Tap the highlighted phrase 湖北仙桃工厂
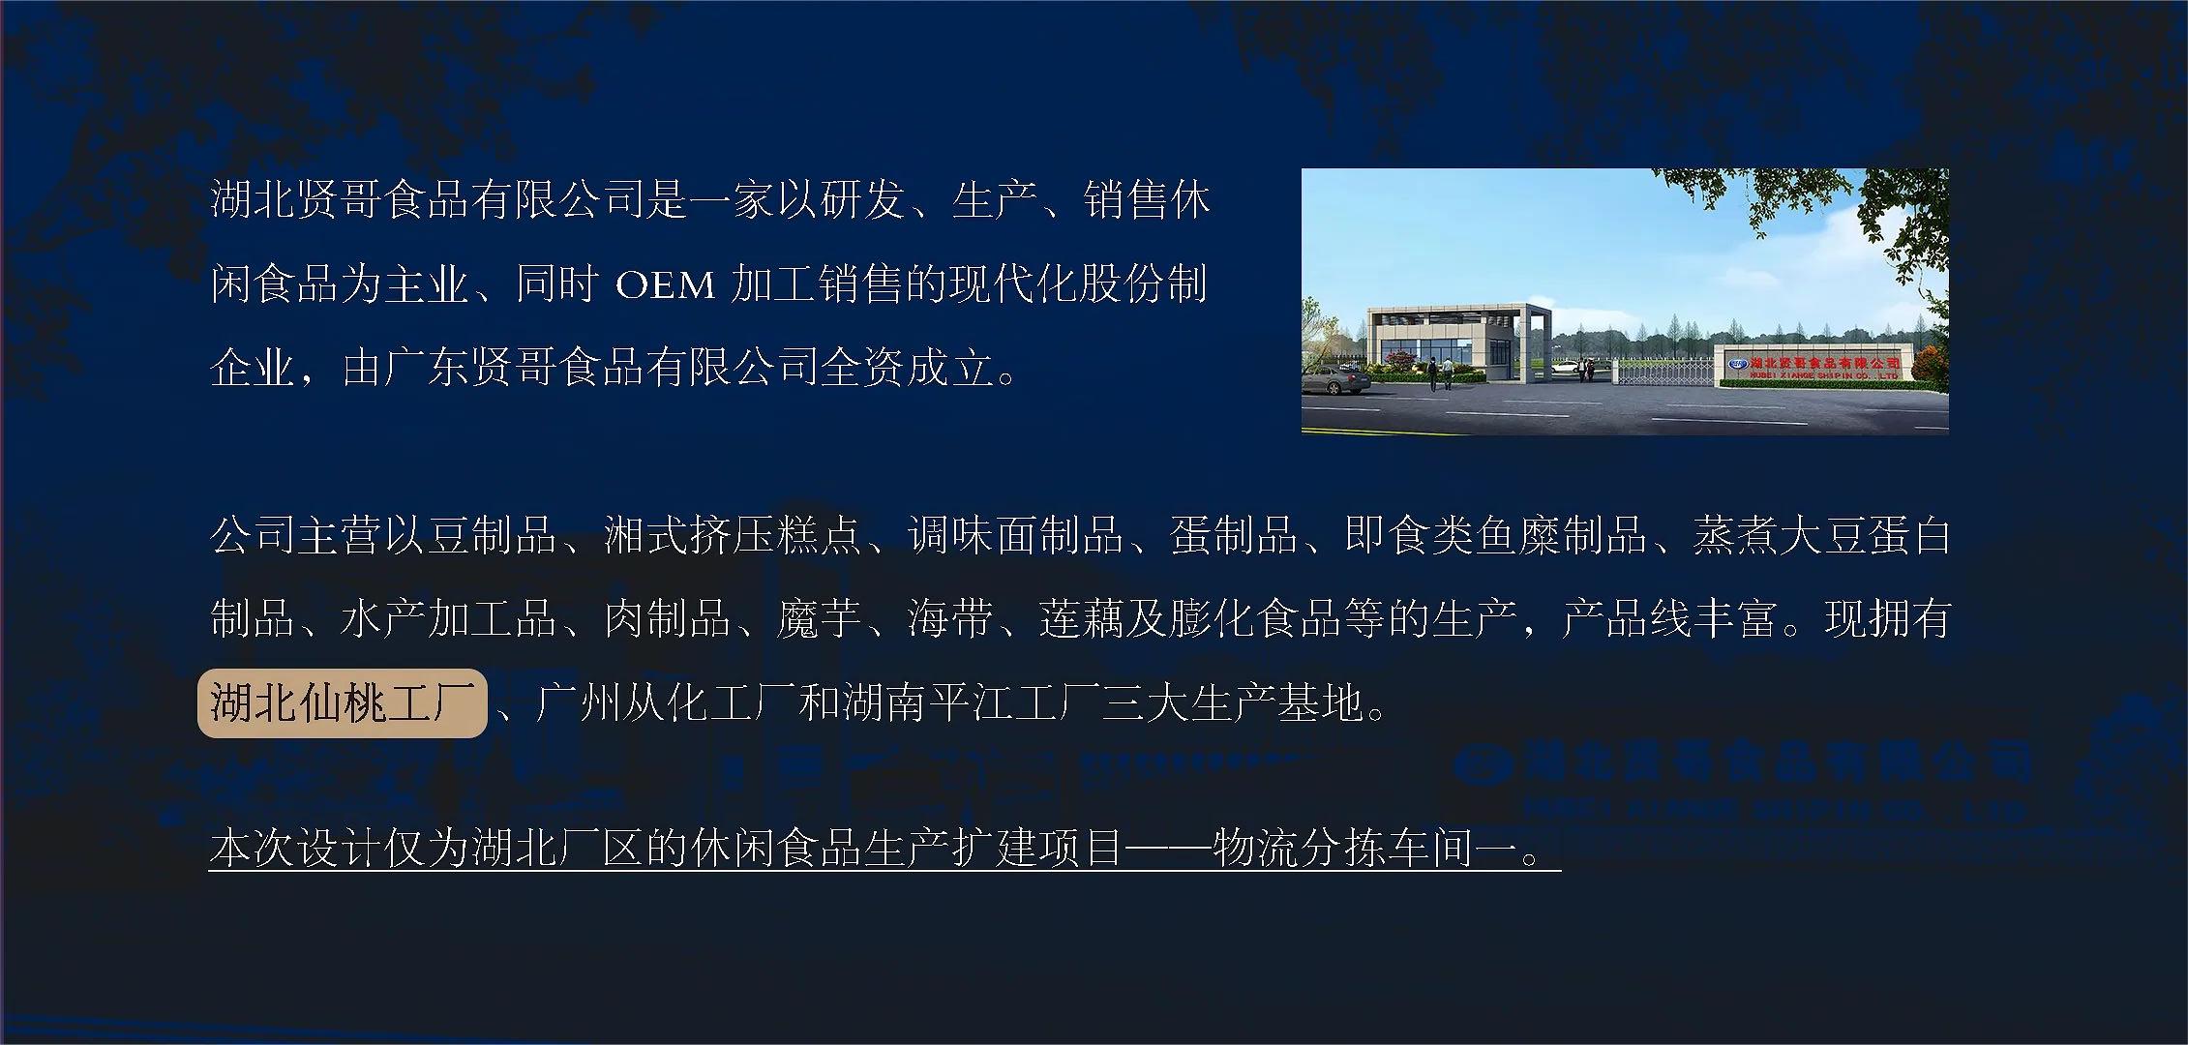[342, 703]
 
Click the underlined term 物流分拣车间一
[1365, 848]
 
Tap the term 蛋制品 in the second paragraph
[1233, 535]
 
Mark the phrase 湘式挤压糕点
[733, 535]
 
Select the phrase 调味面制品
[1015, 535]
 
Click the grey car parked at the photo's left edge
[1334, 381]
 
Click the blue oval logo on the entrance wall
[1739, 363]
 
